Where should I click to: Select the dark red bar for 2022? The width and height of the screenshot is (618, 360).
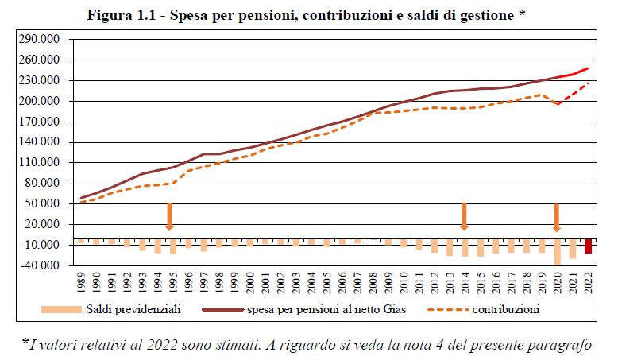[x=588, y=246]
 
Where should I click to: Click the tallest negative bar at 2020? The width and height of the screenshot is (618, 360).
[x=557, y=252]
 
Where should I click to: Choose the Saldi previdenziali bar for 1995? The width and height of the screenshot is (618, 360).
[x=172, y=247]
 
